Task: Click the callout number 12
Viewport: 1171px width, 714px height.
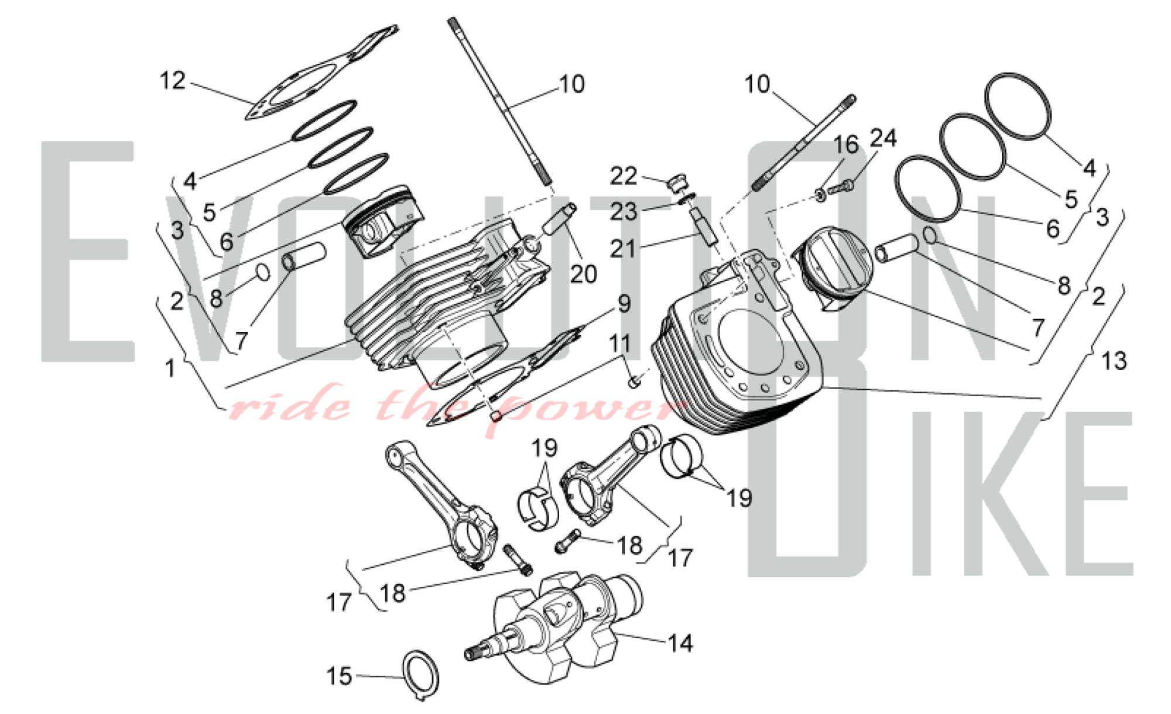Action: point(173,81)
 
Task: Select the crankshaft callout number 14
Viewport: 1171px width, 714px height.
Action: point(680,643)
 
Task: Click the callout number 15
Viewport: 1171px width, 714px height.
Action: point(339,676)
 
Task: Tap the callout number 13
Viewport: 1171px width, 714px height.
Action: point(1113,361)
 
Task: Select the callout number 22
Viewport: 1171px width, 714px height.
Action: point(624,176)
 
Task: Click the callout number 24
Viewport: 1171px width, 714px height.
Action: point(883,138)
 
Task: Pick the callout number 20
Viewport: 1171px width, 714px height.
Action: point(583,273)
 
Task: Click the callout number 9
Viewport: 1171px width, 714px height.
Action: point(624,304)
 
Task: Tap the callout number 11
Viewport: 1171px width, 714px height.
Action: point(621,344)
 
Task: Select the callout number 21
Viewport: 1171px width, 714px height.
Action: point(622,248)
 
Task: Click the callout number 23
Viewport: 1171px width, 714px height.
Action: point(624,211)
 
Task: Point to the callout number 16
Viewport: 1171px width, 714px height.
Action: point(845,145)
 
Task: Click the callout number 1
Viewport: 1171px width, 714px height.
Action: point(170,369)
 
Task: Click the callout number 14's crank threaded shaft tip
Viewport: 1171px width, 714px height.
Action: point(471,654)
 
